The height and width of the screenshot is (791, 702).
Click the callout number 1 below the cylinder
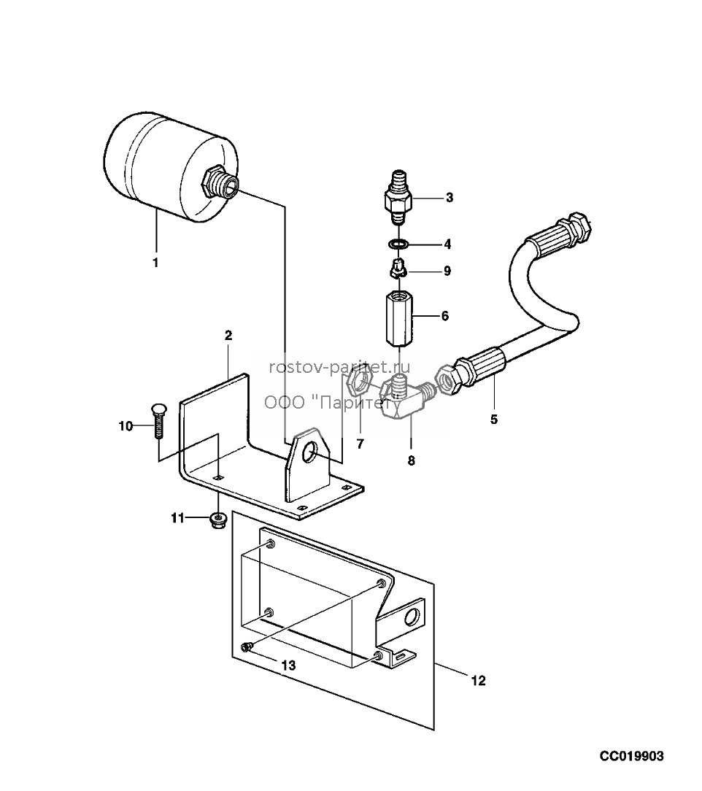pyautogui.click(x=155, y=263)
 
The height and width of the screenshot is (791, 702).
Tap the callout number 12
pyautogui.click(x=478, y=681)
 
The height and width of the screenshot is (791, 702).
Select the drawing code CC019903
pyautogui.click(x=632, y=756)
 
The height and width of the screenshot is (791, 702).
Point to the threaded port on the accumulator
pyautogui.click(x=222, y=182)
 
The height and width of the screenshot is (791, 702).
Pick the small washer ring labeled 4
pyautogui.click(x=399, y=244)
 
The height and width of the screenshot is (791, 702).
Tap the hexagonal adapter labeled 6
pyautogui.click(x=400, y=316)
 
